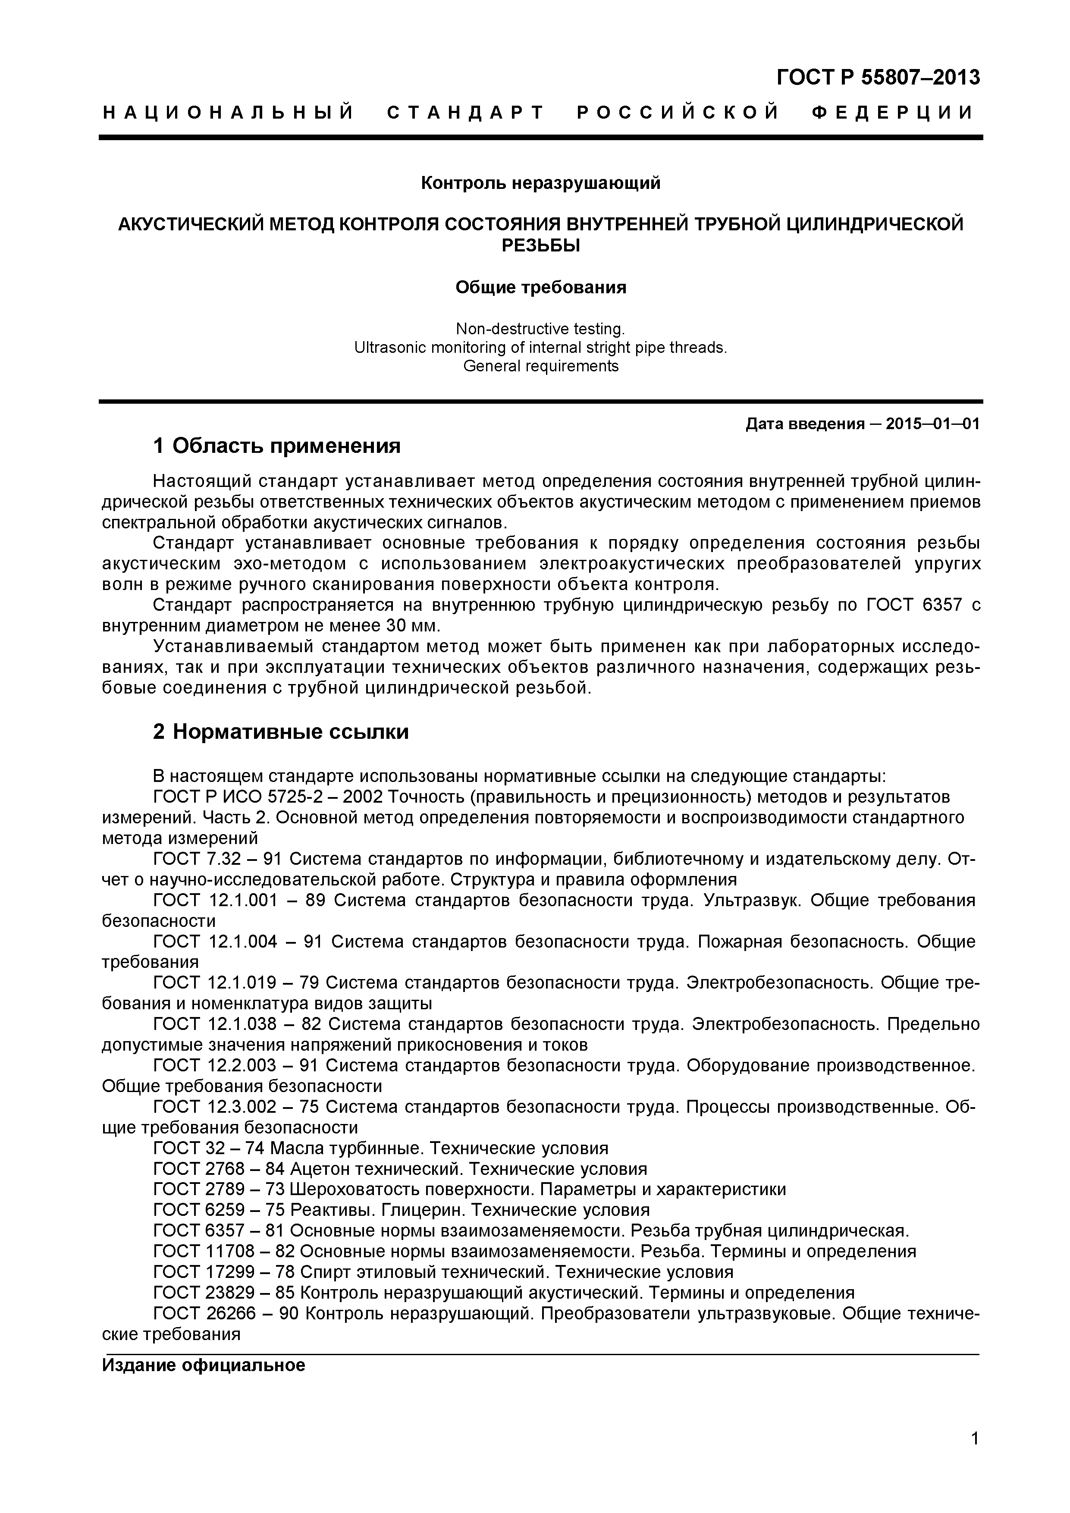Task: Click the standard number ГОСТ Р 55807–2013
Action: tap(878, 78)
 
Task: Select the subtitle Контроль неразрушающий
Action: tap(540, 182)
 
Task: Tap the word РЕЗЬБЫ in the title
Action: tap(540, 245)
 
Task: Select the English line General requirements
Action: tap(540, 366)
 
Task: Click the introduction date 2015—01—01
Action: tap(932, 424)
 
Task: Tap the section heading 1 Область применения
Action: tap(277, 446)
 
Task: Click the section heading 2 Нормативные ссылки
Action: tap(281, 731)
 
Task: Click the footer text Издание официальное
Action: tap(204, 1364)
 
